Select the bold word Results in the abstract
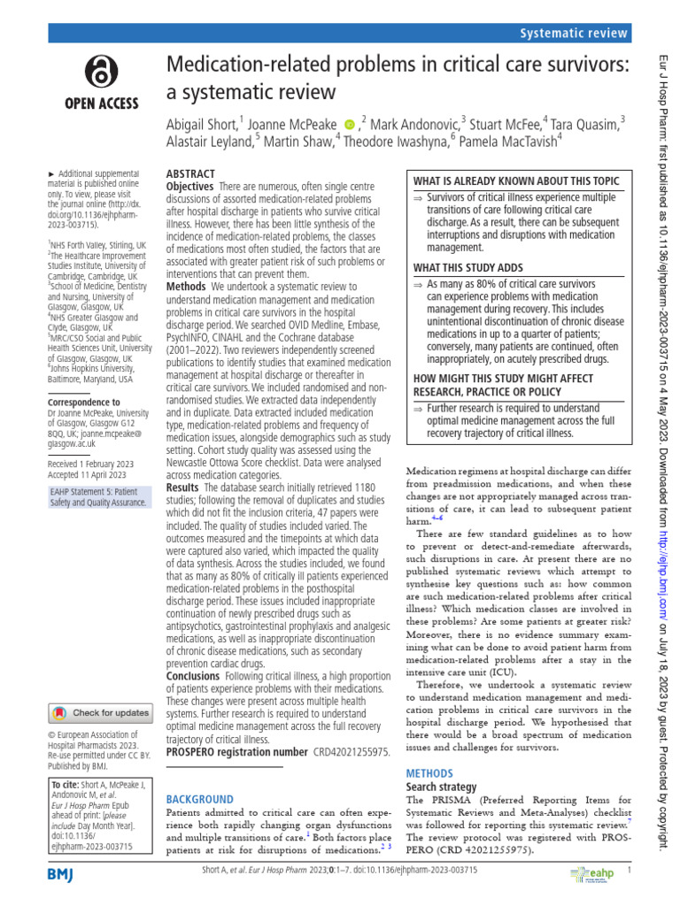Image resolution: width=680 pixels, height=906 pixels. click(x=183, y=488)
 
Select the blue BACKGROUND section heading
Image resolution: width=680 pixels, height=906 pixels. click(x=200, y=799)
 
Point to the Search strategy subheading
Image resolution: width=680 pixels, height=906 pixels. click(x=441, y=787)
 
